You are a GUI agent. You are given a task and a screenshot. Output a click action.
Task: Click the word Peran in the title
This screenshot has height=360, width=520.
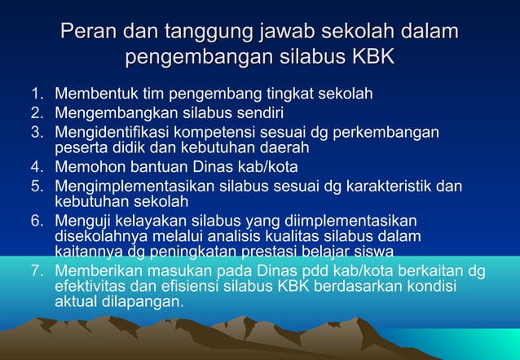pyautogui.click(x=89, y=34)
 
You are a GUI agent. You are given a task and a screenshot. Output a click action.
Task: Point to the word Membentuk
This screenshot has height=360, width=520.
pyautogui.click(x=92, y=94)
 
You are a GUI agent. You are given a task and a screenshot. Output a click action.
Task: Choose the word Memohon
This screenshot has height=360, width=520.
pyautogui.click(x=85, y=168)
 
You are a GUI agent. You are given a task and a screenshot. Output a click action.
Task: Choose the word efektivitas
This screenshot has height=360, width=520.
pyautogui.click(x=90, y=288)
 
